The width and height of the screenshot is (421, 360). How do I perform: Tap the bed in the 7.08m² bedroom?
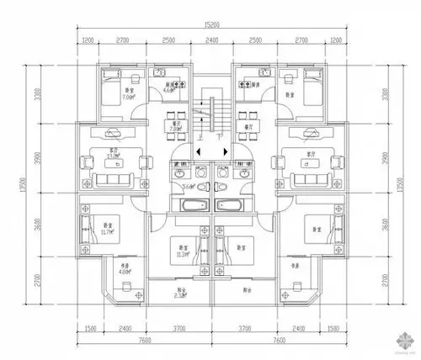coord(114,83)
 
